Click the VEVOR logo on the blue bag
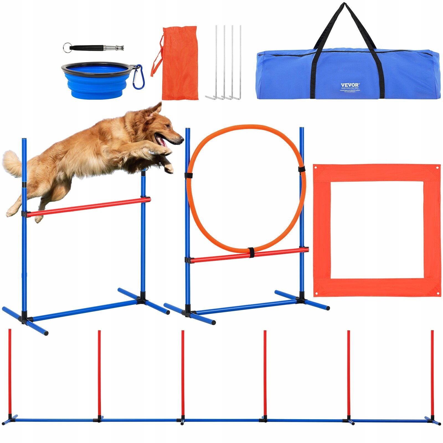pyautogui.click(x=350, y=85)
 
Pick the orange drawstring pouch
pyautogui.click(x=180, y=64)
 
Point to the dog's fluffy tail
pyautogui.click(x=12, y=163)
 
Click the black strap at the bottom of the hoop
pyautogui.click(x=251, y=253)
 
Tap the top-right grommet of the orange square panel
pyautogui.click(x=437, y=168)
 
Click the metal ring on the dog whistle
pyautogui.click(x=67, y=47)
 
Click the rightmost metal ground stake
pyautogui.click(x=240, y=61)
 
